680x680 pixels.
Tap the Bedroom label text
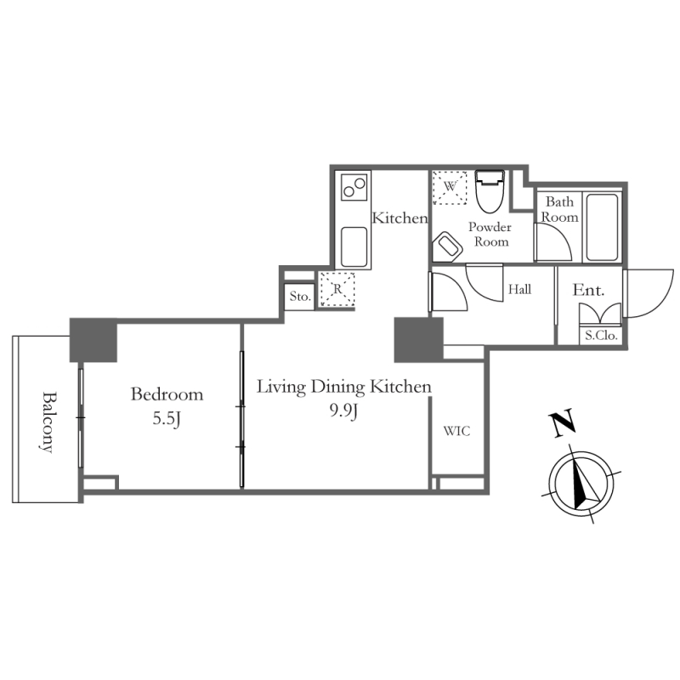[167, 394]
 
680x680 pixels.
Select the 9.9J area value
[344, 412]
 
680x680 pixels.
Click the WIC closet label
[456, 430]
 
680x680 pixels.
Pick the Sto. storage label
[299, 297]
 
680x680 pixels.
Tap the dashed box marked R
[337, 290]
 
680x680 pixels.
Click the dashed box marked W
[450, 186]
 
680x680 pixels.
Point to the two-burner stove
[354, 187]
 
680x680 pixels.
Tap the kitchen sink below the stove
[354, 246]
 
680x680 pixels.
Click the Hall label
[519, 290]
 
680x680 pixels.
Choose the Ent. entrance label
[588, 290]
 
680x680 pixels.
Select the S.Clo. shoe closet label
[601, 335]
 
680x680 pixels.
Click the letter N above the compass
[560, 423]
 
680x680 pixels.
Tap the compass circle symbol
[581, 482]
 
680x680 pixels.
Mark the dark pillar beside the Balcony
[92, 340]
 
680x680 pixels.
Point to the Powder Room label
[490, 235]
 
